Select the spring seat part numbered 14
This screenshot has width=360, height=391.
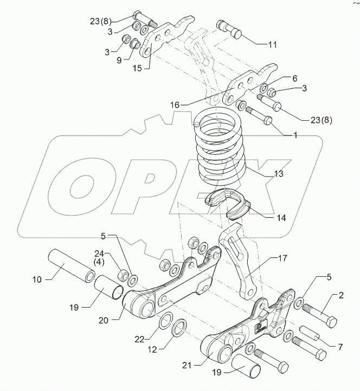coord(228,203)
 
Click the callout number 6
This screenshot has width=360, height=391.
coord(294,79)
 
